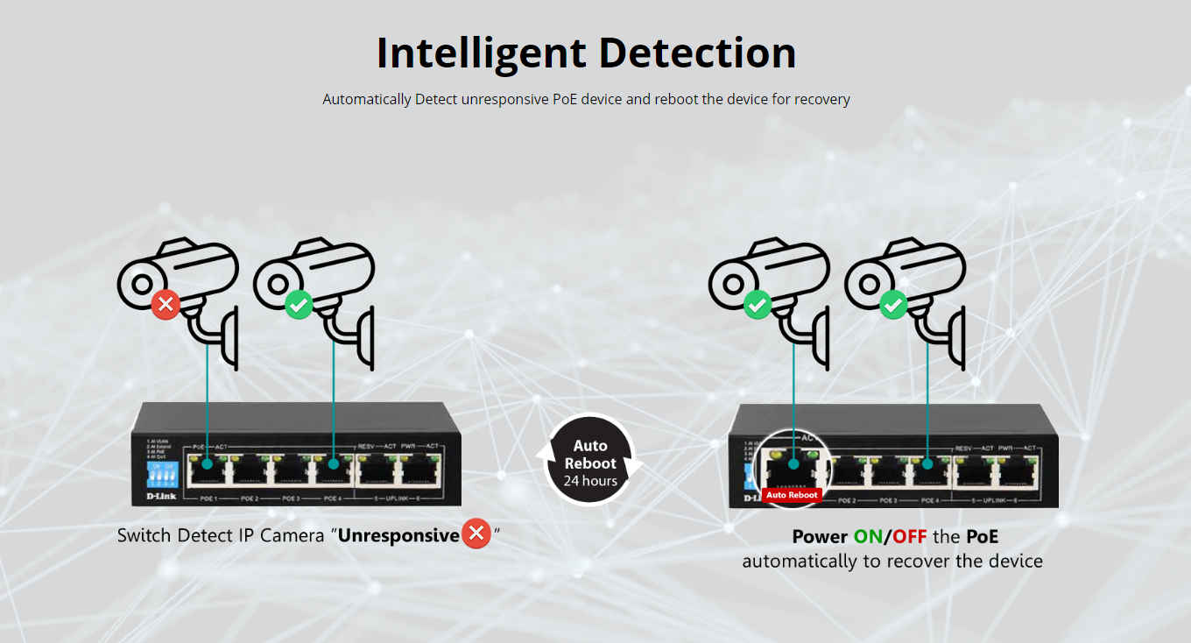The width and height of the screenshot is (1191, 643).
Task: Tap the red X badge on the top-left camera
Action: pyautogui.click(x=166, y=305)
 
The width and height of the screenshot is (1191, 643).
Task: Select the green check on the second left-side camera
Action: pyautogui.click(x=299, y=305)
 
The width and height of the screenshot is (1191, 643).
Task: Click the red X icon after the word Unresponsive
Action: pyautogui.click(x=476, y=533)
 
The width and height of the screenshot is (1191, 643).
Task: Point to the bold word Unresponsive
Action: pyautogui.click(x=399, y=535)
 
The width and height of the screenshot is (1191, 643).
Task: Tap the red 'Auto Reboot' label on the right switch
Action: pyautogui.click(x=792, y=495)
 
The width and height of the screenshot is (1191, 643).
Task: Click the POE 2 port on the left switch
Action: pyautogui.click(x=250, y=471)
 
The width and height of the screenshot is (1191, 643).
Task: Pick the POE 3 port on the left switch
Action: pyautogui.click(x=292, y=471)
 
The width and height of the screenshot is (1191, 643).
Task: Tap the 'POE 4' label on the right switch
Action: pyautogui.click(x=930, y=500)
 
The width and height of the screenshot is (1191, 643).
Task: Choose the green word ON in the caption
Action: pyautogui.click(x=868, y=536)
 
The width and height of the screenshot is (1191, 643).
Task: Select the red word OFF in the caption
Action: pyautogui.click(x=910, y=536)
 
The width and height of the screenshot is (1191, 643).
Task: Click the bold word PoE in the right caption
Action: pyautogui.click(x=982, y=536)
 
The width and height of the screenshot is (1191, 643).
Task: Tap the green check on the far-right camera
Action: pyautogui.click(x=892, y=306)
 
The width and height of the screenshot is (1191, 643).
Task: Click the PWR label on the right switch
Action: pyautogui.click(x=1007, y=448)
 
